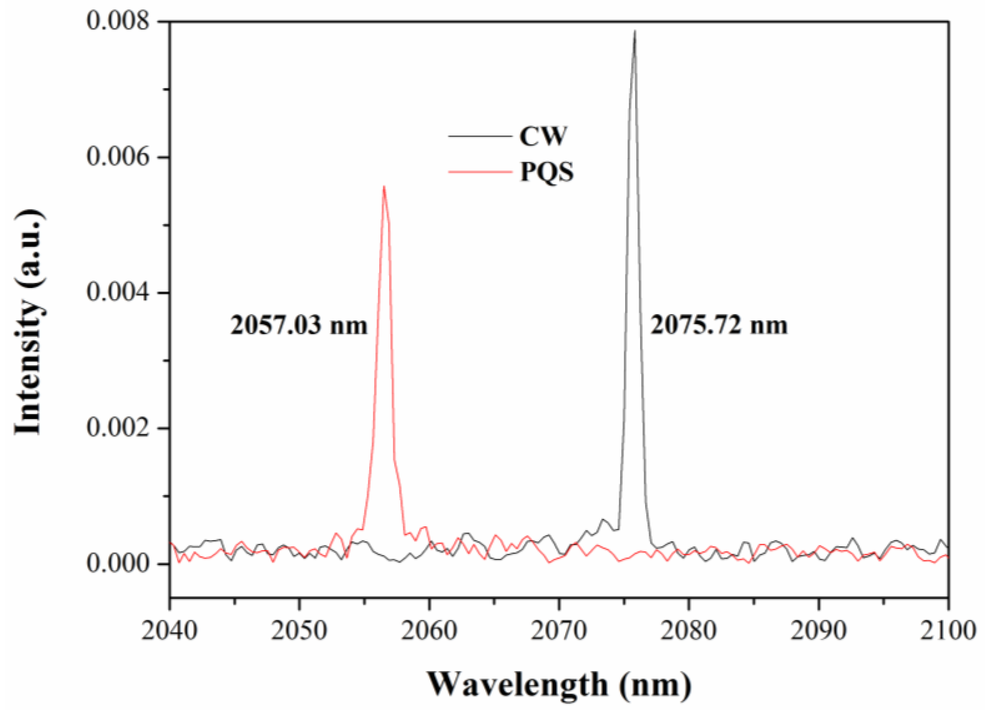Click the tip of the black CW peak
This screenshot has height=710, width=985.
tap(635, 32)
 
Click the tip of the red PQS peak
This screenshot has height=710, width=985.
tap(384, 187)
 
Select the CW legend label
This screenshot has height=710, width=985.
tap(543, 136)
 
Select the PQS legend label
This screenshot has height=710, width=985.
tap(547, 172)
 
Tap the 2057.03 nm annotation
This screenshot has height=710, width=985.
tap(299, 325)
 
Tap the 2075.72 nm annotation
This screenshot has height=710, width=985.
tap(719, 325)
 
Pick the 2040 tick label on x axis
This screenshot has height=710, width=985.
tap(170, 631)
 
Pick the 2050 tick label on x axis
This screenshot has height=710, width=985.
tap(299, 631)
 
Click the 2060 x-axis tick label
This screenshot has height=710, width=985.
tap(428, 631)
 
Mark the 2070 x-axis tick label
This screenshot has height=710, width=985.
tap(559, 631)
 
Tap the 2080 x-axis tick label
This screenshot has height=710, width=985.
tap(688, 631)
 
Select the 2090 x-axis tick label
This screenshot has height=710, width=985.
tap(818, 631)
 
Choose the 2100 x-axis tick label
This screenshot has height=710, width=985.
tap(947, 631)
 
